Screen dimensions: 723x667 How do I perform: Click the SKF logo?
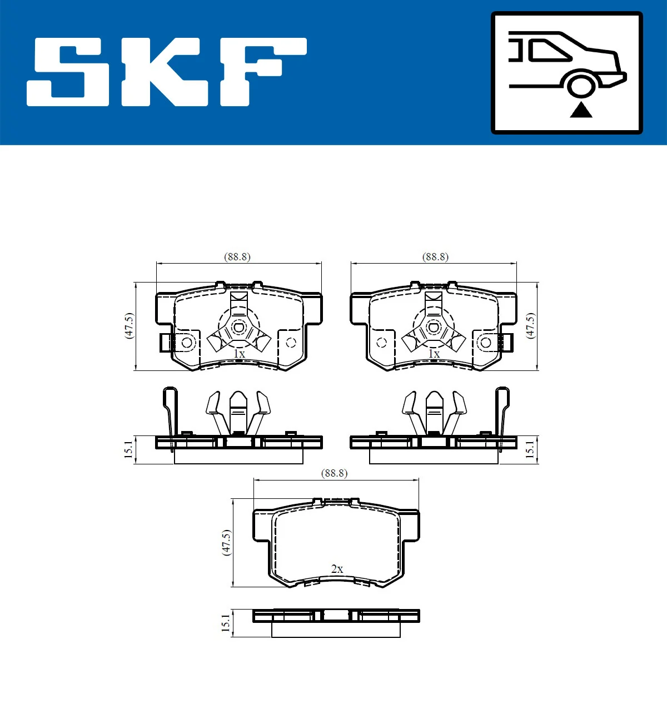pyautogui.click(x=167, y=72)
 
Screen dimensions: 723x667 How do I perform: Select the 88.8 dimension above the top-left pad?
pyautogui.click(x=237, y=257)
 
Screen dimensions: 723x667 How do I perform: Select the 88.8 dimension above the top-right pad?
pyautogui.click(x=435, y=257)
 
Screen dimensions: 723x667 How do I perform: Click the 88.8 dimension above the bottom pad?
pyautogui.click(x=334, y=473)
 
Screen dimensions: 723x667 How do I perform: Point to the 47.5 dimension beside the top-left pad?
pyautogui.click(x=129, y=325)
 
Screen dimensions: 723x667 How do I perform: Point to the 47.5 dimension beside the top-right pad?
pyautogui.click(x=530, y=325)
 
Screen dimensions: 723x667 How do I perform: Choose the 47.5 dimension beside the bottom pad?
pyautogui.click(x=226, y=542)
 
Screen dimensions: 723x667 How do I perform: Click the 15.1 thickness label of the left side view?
pyautogui.click(x=128, y=449)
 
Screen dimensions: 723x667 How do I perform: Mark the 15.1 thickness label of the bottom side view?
pyautogui.click(x=225, y=623)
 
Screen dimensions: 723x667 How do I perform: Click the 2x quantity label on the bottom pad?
pyautogui.click(x=337, y=569)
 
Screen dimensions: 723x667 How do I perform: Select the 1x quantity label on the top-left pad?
pyautogui.click(x=239, y=354)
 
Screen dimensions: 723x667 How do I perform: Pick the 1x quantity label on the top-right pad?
pyautogui.click(x=434, y=354)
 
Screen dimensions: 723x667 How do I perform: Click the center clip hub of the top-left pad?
pyautogui.click(x=239, y=327)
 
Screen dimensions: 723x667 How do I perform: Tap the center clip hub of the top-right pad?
pyautogui.click(x=434, y=327)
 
